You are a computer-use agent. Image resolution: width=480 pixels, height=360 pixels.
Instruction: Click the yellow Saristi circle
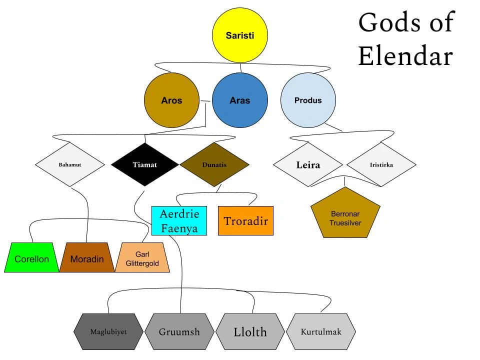click(240, 35)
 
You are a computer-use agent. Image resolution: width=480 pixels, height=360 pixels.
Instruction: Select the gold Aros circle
click(171, 100)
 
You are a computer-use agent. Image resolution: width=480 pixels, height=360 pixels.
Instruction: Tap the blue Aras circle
click(240, 100)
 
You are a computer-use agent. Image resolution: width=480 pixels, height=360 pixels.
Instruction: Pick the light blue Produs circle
click(308, 100)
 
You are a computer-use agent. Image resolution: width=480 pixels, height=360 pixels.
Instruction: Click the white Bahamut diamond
click(70, 164)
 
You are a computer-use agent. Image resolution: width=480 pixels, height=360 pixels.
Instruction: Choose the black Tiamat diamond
click(144, 164)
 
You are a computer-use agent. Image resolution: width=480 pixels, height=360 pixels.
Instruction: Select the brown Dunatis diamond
click(214, 164)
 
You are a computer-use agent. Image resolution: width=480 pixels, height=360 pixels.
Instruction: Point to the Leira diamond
click(308, 164)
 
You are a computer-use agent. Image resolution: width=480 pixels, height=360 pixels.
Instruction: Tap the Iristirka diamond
click(381, 164)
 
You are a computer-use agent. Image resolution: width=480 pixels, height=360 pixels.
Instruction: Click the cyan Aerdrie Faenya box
click(179, 221)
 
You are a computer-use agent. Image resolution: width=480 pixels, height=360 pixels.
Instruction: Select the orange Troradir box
click(245, 221)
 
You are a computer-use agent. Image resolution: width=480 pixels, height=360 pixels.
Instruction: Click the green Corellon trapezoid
click(32, 258)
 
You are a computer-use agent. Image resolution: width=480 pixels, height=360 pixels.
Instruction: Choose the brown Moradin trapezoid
click(87, 258)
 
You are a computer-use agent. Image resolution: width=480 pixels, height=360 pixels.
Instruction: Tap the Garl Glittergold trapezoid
click(142, 258)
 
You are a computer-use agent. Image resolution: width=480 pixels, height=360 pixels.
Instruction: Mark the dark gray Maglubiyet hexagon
click(108, 331)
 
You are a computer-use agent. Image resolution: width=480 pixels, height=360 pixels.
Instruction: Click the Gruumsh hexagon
click(179, 331)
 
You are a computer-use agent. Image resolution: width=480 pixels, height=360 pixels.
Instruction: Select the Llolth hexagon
click(250, 331)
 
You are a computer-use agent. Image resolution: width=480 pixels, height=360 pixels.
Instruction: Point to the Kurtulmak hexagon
click(321, 331)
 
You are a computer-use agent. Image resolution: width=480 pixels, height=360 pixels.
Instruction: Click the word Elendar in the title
click(405, 56)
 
